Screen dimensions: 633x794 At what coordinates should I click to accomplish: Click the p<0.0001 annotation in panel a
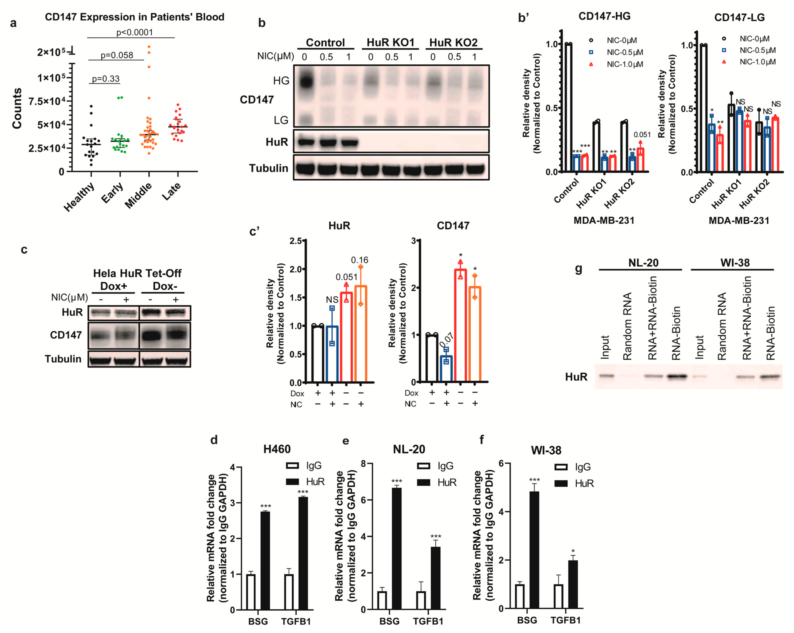(134, 32)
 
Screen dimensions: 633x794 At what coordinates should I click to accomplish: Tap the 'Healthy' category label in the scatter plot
(79, 197)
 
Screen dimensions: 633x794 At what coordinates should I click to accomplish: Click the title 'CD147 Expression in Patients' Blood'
(134, 17)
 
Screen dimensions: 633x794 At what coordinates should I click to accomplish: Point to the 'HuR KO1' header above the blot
(390, 43)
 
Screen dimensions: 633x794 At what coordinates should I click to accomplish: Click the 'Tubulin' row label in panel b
(269, 168)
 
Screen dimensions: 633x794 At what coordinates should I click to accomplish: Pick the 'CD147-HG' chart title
(604, 16)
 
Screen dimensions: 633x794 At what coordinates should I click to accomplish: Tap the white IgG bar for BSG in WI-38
(520, 596)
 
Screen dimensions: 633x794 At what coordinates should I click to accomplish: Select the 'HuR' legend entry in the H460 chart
(315, 482)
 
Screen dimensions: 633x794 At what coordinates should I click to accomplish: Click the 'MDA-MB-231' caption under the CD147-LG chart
(739, 221)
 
